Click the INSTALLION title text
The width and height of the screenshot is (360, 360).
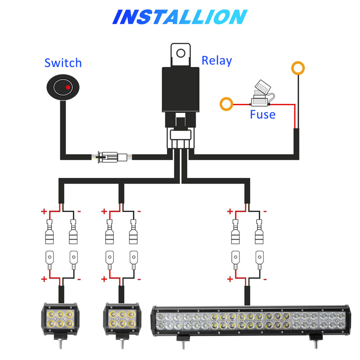tap(180, 17)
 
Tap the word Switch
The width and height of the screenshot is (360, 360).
tap(63, 63)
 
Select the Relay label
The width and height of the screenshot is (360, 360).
tap(216, 60)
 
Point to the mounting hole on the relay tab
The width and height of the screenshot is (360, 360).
tap(180, 53)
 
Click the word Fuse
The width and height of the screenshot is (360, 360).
tap(262, 114)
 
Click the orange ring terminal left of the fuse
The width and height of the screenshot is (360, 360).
tap(226, 104)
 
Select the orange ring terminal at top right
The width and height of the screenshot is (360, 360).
tap(297, 68)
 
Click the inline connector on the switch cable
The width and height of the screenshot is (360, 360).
tap(111, 157)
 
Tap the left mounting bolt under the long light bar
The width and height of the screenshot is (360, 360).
tap(183, 344)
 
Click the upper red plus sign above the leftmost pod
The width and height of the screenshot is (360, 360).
tap(44, 211)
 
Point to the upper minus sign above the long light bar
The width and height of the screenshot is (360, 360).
tap(265, 211)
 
